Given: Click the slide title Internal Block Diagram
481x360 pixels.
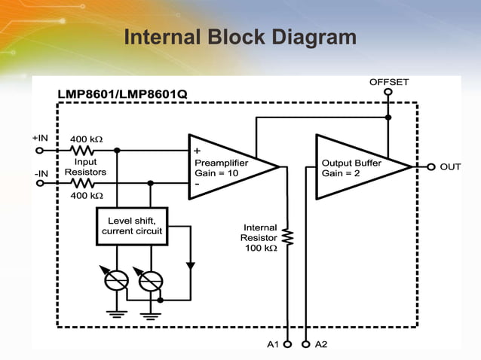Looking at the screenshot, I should [x=240, y=37].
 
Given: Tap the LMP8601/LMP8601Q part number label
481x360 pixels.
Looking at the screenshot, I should [x=123, y=95].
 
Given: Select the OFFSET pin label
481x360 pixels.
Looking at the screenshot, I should [x=389, y=81].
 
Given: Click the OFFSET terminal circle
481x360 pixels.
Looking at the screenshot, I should [x=388, y=93].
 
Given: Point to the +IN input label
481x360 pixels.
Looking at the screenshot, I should [x=40, y=139].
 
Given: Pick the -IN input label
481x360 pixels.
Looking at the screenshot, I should [x=41, y=172].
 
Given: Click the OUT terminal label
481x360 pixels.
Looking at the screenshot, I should [x=450, y=166].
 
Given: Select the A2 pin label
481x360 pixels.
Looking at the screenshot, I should [x=321, y=344].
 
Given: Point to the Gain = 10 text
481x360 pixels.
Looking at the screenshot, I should [x=216, y=173].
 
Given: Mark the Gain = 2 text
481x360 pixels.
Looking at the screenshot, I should [x=341, y=173].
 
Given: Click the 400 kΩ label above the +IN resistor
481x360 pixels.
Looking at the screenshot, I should [x=86, y=139].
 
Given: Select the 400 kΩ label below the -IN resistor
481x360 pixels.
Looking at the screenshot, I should [x=86, y=195].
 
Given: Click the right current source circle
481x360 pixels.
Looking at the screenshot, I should [x=151, y=280].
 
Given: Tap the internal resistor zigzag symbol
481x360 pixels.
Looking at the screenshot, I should [x=287, y=238].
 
